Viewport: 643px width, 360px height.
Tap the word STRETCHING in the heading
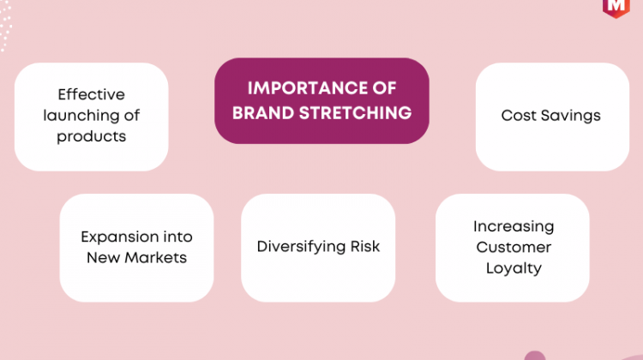tap(355, 113)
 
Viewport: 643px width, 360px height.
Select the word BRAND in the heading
tap(263, 113)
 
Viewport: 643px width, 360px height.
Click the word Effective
tap(91, 94)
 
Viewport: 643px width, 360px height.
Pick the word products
tap(91, 137)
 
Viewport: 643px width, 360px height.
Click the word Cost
tap(519, 115)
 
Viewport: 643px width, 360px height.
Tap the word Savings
tap(571, 116)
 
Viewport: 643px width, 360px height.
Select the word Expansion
tap(119, 237)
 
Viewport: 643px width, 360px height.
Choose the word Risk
tap(365, 246)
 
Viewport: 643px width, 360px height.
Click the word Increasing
tap(514, 227)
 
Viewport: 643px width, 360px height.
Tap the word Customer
tap(514, 247)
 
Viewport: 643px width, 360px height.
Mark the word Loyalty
tap(514, 268)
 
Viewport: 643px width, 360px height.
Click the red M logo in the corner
tap(616, 7)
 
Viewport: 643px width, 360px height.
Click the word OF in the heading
tap(385, 88)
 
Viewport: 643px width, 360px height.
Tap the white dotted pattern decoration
tap(5, 26)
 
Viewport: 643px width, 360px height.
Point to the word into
tap(178, 237)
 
